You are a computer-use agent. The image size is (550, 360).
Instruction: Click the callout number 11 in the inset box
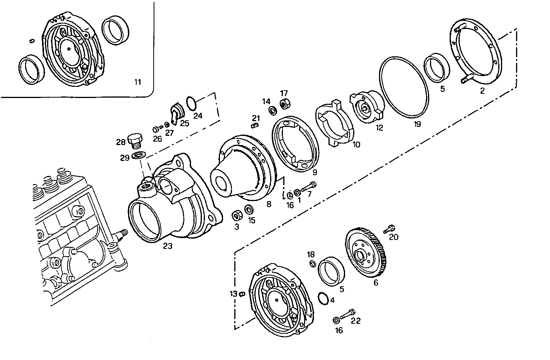pos(138,82)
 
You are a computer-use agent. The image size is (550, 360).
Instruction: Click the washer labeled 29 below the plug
pos(139,155)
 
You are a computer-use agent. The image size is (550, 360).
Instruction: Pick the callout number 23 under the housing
pos(168,246)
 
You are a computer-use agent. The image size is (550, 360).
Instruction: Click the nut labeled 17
pos(285,104)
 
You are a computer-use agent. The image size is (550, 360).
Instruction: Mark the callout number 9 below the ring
pos(315,172)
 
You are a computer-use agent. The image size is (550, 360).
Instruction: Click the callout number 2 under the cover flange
pos(482,91)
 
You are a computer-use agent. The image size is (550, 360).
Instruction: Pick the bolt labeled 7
pos(308,187)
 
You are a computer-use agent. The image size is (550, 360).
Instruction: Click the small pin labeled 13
pos(242,294)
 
